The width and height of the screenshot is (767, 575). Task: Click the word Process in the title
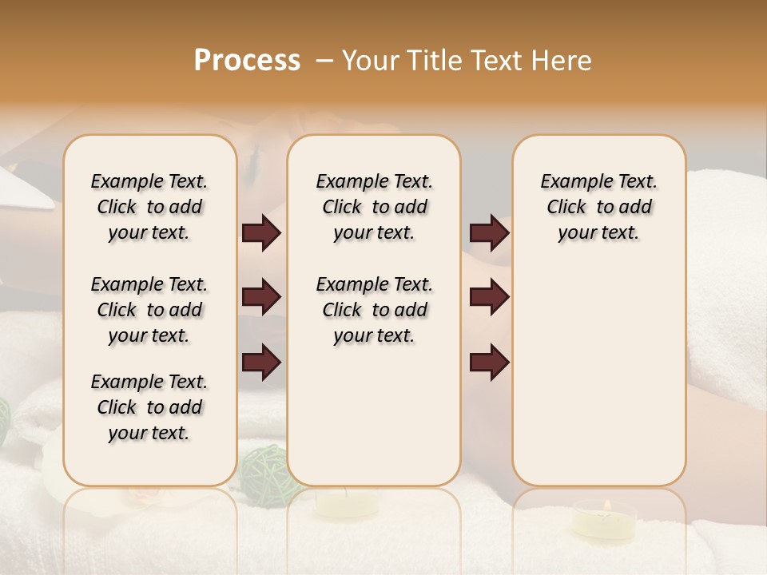pyautogui.click(x=247, y=61)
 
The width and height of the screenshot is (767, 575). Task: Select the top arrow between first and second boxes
pyautogui.click(x=261, y=233)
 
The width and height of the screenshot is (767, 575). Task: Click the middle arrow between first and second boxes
pyautogui.click(x=261, y=298)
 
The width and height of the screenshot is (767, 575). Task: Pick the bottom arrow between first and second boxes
pyautogui.click(x=261, y=362)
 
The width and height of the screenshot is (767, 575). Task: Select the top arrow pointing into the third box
pyautogui.click(x=489, y=233)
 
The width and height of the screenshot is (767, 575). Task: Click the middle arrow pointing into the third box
pyautogui.click(x=489, y=298)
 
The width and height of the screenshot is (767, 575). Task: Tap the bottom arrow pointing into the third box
pyautogui.click(x=489, y=362)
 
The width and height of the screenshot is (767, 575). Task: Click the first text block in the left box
pyautogui.click(x=149, y=207)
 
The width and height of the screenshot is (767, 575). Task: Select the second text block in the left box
pyautogui.click(x=149, y=310)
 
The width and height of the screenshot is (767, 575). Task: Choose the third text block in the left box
pyautogui.click(x=149, y=407)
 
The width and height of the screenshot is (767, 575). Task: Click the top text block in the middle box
pyautogui.click(x=374, y=207)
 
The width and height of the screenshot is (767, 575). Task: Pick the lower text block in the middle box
pyautogui.click(x=374, y=310)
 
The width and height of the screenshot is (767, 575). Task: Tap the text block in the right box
pyautogui.click(x=598, y=207)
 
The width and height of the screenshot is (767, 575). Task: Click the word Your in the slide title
pyautogui.click(x=370, y=61)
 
